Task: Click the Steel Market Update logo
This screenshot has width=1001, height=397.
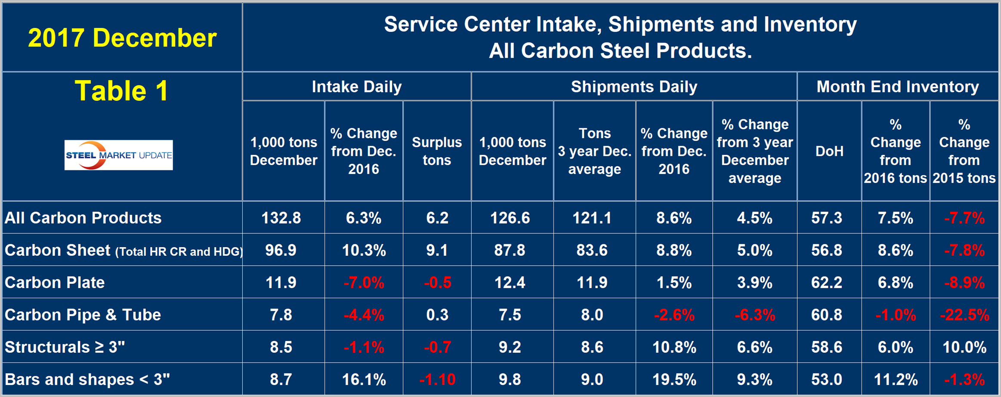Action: [119, 155]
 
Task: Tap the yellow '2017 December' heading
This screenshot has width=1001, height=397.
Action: [122, 38]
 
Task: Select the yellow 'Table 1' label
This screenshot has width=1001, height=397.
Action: [122, 91]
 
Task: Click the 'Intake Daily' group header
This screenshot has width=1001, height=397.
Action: [356, 87]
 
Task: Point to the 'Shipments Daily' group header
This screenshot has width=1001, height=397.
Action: [633, 87]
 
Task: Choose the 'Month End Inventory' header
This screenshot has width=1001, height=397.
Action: [897, 87]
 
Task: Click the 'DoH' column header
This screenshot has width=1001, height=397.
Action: [829, 151]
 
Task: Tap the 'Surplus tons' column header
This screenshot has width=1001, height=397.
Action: [437, 151]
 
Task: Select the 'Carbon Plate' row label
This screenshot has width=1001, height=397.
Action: [55, 282]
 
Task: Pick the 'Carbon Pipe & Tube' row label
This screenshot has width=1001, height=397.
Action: [83, 315]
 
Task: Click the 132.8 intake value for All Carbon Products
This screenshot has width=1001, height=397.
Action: [281, 218]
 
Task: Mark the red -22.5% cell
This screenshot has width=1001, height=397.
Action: [964, 315]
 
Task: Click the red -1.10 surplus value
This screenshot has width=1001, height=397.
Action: [437, 379]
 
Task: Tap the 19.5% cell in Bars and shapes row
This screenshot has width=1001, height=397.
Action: [674, 379]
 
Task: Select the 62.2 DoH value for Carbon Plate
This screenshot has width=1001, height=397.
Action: [826, 282]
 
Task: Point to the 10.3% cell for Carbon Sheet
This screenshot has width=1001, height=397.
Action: [364, 250]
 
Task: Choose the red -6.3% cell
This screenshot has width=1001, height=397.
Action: [754, 315]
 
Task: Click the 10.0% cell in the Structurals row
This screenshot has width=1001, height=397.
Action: [964, 347]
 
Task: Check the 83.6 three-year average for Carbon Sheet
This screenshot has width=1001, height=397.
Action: [592, 250]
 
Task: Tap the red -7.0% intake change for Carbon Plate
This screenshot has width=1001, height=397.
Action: [364, 283]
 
